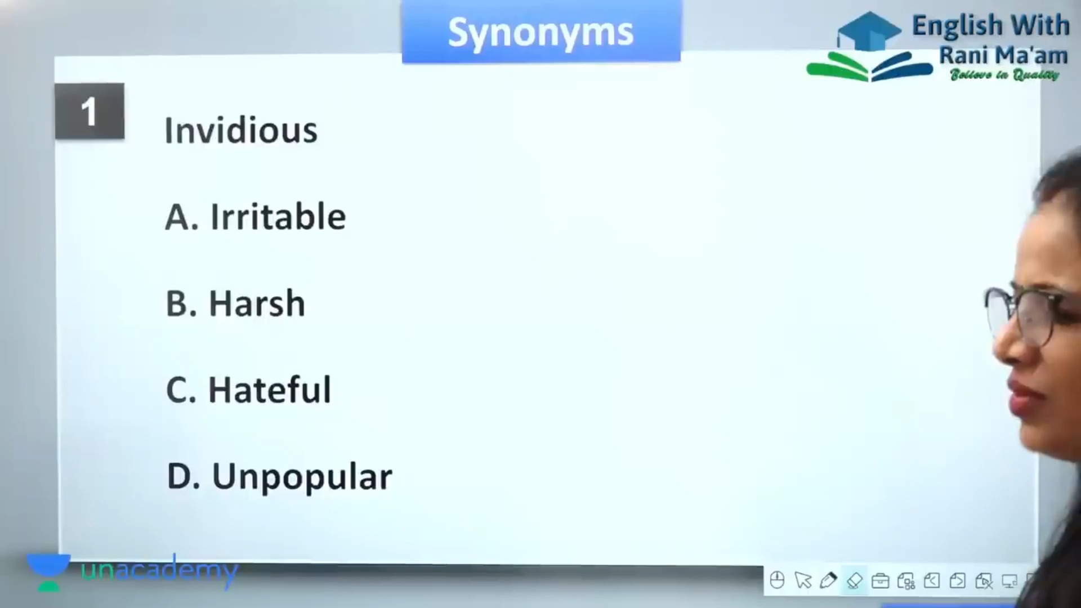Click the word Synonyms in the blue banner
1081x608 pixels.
coord(540,33)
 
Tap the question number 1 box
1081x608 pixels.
coord(90,111)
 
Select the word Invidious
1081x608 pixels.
coord(241,130)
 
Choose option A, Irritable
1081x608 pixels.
coord(256,217)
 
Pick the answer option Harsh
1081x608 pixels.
coord(235,303)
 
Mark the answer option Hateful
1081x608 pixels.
coord(248,390)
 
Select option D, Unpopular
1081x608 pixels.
coord(279,477)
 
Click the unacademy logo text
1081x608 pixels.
coord(159,571)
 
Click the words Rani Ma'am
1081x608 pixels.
coord(1003,55)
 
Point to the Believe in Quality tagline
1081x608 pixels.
coord(1004,75)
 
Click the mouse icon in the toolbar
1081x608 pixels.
coord(777,580)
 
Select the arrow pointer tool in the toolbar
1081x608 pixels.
coord(803,580)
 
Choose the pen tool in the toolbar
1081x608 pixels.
coord(828,580)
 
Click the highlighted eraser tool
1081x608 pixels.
coord(854,580)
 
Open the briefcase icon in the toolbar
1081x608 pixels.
coord(880,580)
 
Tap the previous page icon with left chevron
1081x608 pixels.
coord(932,580)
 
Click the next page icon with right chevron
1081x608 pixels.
coord(958,580)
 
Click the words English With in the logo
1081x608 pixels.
coord(990,26)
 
